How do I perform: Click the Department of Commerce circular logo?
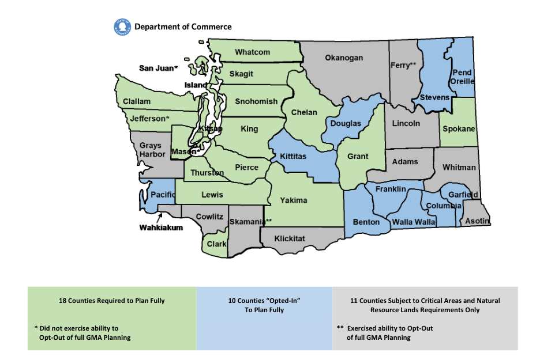(123, 26)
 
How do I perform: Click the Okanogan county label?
(344, 58)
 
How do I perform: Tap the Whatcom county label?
(252, 52)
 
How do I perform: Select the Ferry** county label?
(403, 65)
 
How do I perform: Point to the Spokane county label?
(459, 128)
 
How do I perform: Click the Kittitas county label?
(297, 156)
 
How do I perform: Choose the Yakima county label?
(294, 200)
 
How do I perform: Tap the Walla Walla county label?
(414, 222)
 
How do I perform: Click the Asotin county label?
(478, 221)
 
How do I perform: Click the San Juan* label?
(158, 68)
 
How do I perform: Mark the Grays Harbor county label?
(152, 150)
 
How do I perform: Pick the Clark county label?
(217, 244)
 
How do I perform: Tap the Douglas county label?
(346, 123)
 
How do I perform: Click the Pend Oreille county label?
(463, 77)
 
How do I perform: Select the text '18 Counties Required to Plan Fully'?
(112, 301)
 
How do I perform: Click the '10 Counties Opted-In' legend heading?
(265, 301)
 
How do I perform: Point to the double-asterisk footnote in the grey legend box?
(384, 332)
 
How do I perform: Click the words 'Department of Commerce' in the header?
(183, 26)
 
